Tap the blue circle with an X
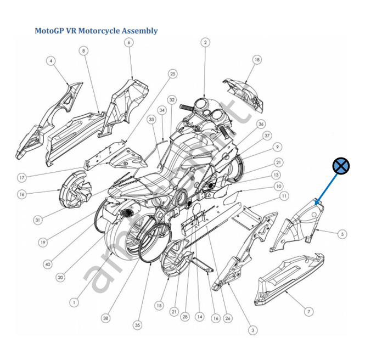(341, 165)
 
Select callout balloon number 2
(205, 42)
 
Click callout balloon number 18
(257, 59)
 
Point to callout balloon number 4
(50, 61)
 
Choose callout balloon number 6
(129, 42)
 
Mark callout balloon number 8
(83, 51)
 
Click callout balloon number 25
(173, 74)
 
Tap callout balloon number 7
(309, 312)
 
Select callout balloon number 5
(342, 234)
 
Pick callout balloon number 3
(252, 330)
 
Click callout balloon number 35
(137, 325)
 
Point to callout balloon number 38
(105, 318)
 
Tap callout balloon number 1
(74, 302)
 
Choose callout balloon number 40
(48, 265)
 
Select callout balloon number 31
(37, 220)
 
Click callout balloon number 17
(21, 177)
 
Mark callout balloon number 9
(278, 147)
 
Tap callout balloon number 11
(284, 195)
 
